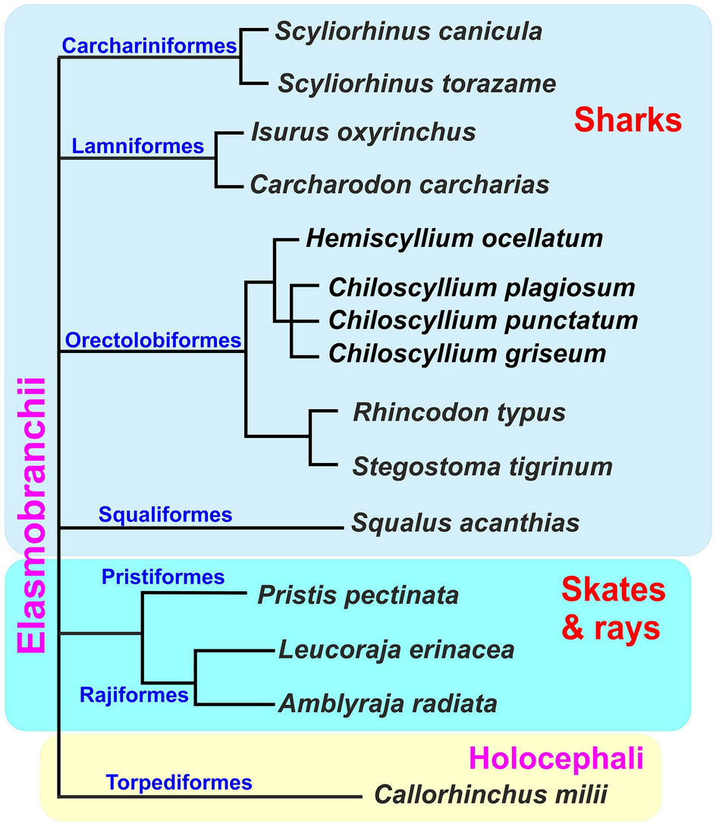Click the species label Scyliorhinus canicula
coord(408,31)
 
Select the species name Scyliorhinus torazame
coord(417,83)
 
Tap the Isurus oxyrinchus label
coord(363,133)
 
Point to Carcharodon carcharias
coord(400,184)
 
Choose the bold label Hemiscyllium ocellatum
coord(454,239)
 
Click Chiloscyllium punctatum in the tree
coord(483,321)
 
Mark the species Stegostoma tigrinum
coord(482,465)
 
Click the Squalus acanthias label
coord(465,522)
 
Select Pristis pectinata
coord(358,595)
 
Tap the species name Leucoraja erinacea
coord(396,649)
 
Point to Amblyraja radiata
coord(388,704)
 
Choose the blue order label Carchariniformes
coord(149,46)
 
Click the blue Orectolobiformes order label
coord(152,341)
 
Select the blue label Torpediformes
coord(179,781)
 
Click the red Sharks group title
coord(628,120)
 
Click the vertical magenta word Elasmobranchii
coord(31,515)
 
